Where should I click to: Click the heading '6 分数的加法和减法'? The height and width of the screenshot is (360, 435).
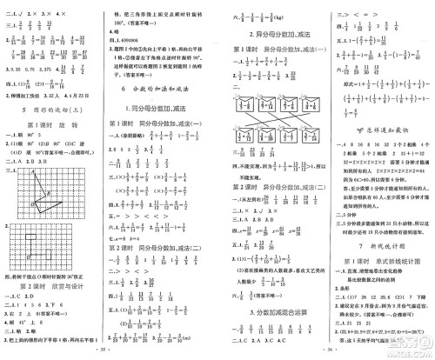pos(163,90)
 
